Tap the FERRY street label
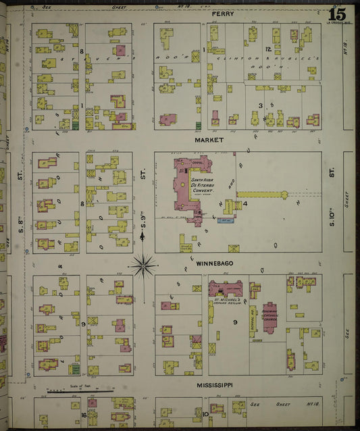(222, 14)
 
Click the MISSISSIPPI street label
(215, 385)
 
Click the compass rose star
(143, 265)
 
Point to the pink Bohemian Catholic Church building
(269, 317)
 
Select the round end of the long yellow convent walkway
(284, 195)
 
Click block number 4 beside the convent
(245, 203)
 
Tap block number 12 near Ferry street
(268, 49)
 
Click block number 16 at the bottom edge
(84, 415)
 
